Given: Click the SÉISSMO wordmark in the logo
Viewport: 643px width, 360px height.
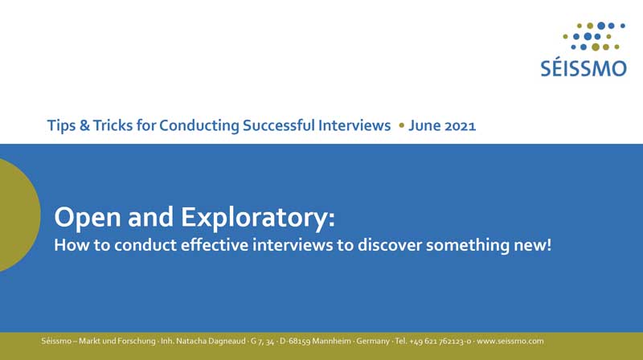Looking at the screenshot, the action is [584, 67].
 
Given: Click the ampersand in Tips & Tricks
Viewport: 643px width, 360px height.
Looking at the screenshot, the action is [84, 125].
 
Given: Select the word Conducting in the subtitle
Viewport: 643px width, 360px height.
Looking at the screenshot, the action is [199, 126].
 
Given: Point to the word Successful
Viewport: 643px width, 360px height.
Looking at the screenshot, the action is [279, 125].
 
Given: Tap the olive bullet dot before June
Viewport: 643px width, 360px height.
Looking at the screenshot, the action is [401, 125].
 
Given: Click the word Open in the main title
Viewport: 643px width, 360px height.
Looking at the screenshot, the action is [88, 217].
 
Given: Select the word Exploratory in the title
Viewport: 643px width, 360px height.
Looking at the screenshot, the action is [254, 217].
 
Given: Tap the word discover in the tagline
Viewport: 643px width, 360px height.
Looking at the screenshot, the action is [384, 245].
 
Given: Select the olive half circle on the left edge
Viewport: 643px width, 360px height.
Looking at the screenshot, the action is [18, 215].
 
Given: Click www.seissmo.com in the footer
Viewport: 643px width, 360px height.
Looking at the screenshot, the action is [510, 342].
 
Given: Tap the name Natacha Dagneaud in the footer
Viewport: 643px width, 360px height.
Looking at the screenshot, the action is [211, 342].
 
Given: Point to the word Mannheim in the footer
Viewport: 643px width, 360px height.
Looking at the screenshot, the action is [332, 342].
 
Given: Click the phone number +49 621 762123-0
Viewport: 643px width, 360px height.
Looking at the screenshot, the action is [440, 342].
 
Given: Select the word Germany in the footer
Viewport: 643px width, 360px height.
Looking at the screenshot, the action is [373, 342].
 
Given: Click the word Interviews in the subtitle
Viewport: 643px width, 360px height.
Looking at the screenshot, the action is [354, 125].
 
